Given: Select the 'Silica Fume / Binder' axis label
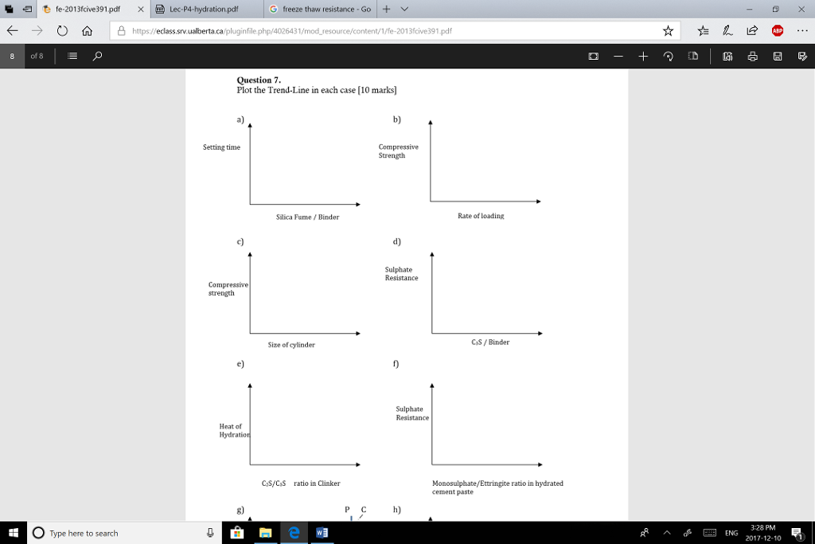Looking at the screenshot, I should click(307, 217).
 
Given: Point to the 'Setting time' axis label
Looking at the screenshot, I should click(221, 147).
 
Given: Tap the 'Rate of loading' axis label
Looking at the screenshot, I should click(481, 216).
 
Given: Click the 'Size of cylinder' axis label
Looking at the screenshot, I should click(291, 345).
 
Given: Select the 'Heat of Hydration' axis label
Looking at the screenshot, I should click(233, 431).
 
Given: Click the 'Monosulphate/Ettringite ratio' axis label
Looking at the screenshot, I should click(497, 483).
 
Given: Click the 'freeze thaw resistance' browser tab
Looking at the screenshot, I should click(326, 10).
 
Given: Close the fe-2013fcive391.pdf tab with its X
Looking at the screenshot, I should click(140, 10).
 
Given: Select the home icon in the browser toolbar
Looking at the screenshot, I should click(88, 31).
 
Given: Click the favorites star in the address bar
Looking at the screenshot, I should click(668, 31).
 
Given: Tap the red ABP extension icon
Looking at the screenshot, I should click(776, 31).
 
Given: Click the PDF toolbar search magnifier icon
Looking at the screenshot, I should click(96, 57).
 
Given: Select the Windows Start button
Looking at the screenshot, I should click(14, 533).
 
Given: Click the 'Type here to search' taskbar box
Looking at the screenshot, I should click(119, 533).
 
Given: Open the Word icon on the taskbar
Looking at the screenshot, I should click(322, 533).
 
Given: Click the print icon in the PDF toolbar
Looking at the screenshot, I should click(752, 57).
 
